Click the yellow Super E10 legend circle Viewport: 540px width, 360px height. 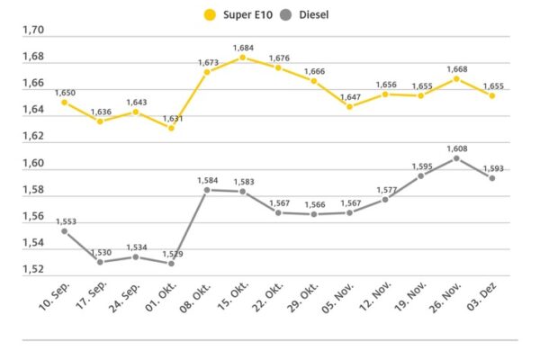pos(211,13)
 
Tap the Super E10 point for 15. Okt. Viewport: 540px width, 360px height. pos(242,58)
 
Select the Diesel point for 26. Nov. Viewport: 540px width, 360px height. pos(456,158)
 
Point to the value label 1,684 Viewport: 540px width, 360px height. pos(243,48)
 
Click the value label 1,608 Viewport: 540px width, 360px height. pos(457,148)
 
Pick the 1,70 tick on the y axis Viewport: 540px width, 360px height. pos(33,31)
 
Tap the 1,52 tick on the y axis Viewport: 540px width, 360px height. pos(33,269)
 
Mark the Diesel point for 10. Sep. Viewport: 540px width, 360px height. pos(65,230)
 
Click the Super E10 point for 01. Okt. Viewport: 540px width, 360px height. pos(171,128)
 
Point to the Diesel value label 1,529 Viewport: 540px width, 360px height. pos(172,254)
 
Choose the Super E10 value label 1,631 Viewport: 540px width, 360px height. pos(172,118)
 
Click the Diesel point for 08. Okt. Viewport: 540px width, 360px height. pos(207,190)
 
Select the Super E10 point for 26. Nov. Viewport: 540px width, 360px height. pos(456,78)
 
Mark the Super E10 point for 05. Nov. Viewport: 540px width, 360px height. pos(349,106)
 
